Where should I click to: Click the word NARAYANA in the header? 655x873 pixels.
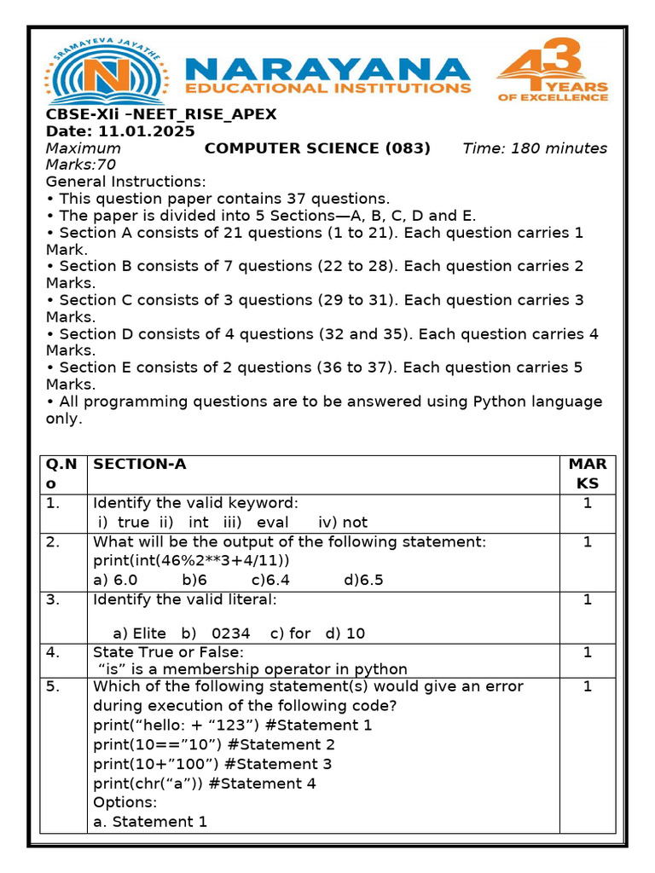pos(326,69)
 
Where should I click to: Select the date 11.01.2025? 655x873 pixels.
pos(147,131)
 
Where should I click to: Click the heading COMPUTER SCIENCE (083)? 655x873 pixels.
pos(317,148)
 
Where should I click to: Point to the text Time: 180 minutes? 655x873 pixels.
pos(535,148)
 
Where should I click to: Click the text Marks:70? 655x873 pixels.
pos(81,165)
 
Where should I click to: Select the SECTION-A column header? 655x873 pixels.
pos(140,464)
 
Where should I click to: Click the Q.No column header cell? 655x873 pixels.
pos(61,473)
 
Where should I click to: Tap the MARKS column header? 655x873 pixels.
pos(588,473)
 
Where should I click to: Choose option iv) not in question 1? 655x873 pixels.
pos(343,522)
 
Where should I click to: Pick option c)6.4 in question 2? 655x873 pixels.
pos(270,580)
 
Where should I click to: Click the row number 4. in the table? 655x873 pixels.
pos(53,652)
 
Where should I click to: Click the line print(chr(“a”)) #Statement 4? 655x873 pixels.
pos(204,783)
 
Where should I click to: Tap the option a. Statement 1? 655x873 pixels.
pos(150,821)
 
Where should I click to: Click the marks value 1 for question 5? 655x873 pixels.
pos(587,686)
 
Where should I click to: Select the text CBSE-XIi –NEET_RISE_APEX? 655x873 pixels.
pos(161,115)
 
